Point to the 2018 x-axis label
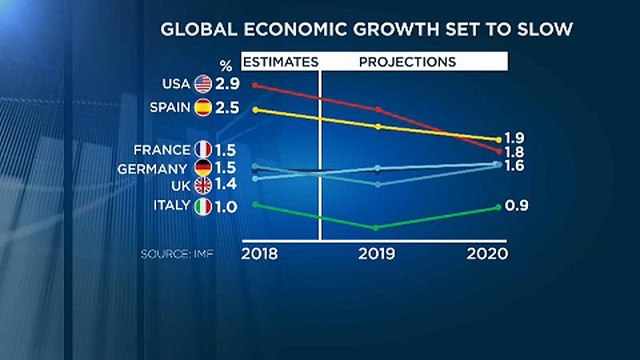click(261, 255)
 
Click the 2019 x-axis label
click(378, 255)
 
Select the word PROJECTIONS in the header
click(407, 62)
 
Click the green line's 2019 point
click(378, 227)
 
